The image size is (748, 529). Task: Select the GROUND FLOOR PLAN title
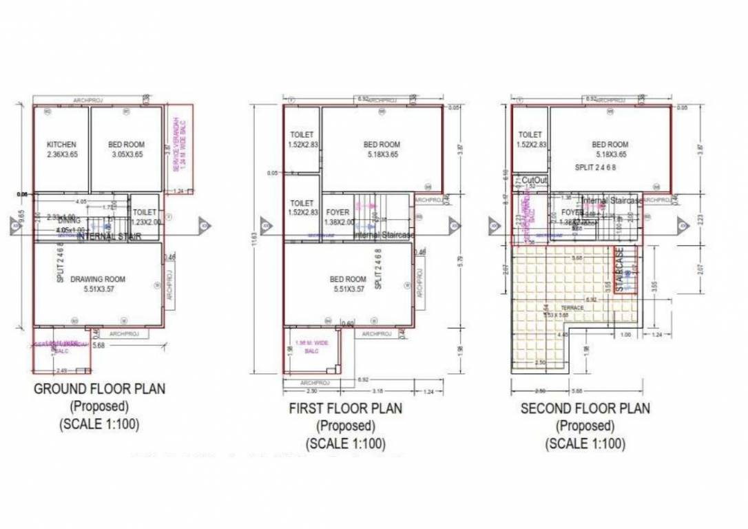coord(99,389)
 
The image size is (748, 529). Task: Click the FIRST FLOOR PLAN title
coord(345,408)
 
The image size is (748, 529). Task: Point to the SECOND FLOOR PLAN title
coord(585,408)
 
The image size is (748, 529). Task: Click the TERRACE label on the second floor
coord(572,308)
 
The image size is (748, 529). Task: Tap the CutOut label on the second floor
coord(534,180)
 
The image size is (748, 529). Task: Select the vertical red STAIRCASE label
coord(620,270)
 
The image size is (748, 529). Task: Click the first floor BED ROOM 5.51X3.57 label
coord(348,284)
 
